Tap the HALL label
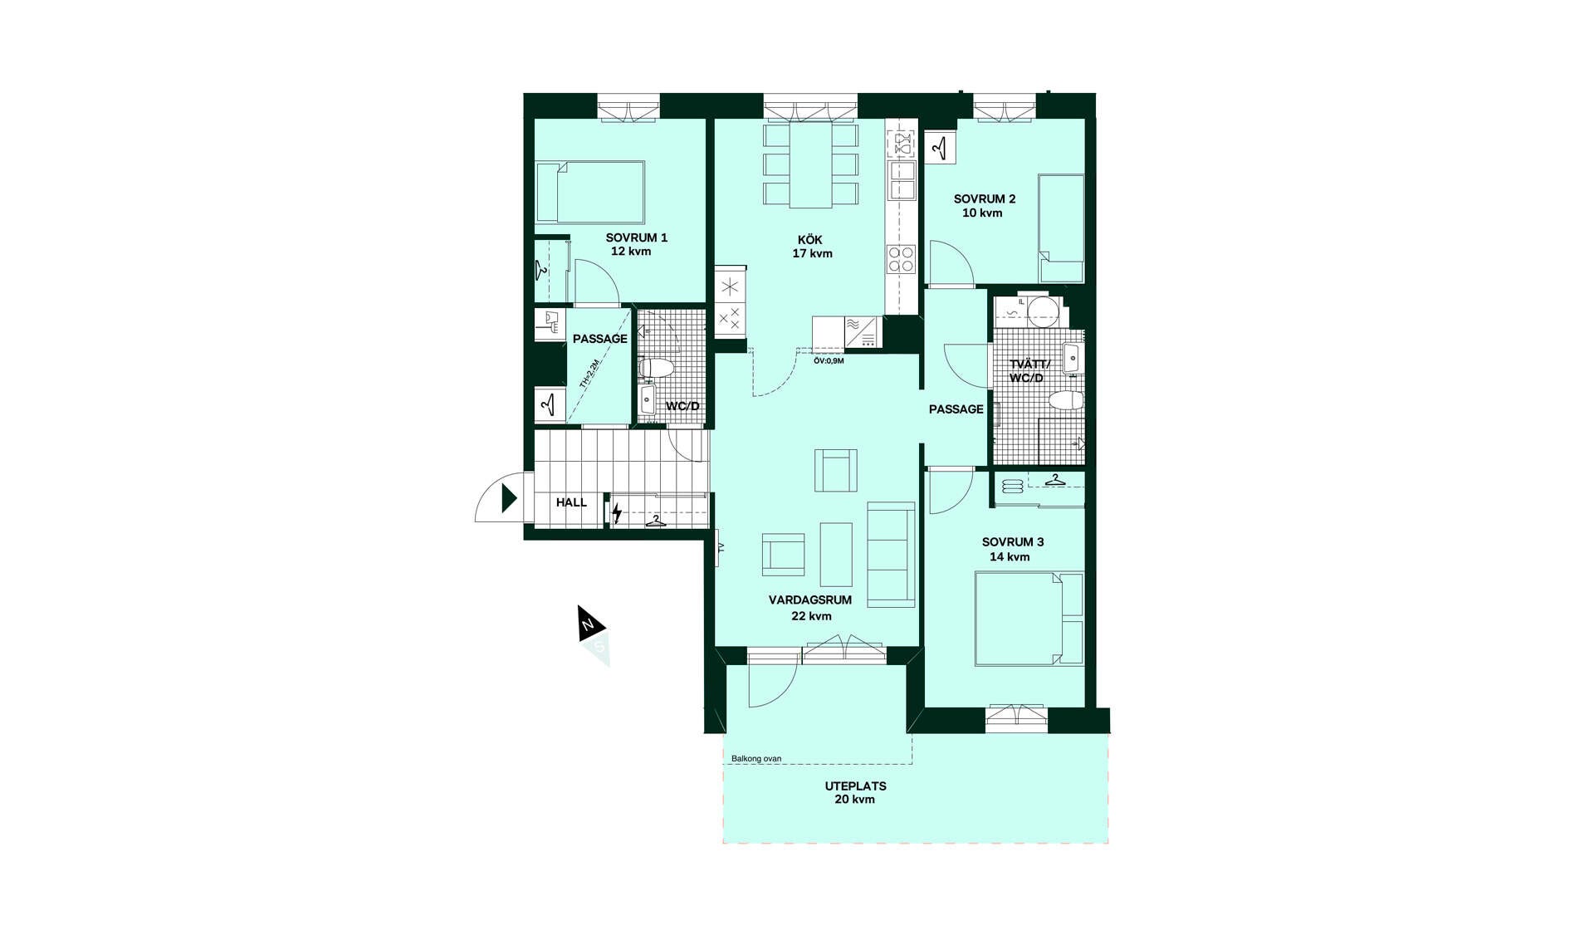coord(571,502)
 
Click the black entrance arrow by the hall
coord(509,498)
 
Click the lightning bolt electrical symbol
coord(616,514)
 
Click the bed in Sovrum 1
coord(590,192)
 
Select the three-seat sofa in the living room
coord(891,554)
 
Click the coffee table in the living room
coord(836,554)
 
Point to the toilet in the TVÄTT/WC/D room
coord(1066,401)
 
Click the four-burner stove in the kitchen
coord(902,259)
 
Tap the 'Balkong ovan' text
coord(756,758)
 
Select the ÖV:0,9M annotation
coord(829,360)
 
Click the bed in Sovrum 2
coord(1062,228)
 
